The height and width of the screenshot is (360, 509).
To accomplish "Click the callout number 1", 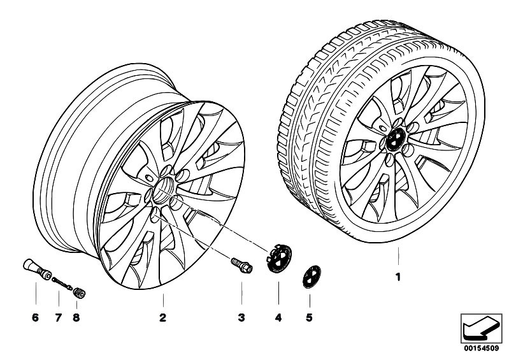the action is (x=398, y=278).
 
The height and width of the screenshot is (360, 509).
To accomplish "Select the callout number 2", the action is (x=163, y=317).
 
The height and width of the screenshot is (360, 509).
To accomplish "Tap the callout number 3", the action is (x=241, y=317).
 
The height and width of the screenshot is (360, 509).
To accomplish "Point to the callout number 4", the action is (x=278, y=317).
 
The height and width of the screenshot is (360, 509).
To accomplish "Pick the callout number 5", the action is (x=309, y=317).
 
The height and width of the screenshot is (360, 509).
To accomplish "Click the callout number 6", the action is (x=36, y=317).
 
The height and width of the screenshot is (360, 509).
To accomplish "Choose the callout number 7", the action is (x=59, y=317).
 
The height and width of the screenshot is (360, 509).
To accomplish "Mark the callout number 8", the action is (x=76, y=317).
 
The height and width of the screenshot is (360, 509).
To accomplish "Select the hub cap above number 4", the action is (x=278, y=259).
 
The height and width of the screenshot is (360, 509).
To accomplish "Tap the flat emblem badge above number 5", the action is (x=312, y=277).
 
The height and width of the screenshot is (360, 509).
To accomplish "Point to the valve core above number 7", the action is (x=62, y=282).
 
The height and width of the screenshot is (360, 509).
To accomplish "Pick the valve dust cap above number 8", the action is (x=79, y=292).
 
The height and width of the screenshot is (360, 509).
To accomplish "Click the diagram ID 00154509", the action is (x=482, y=349).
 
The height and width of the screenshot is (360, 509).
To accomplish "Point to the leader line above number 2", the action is (x=163, y=300).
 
